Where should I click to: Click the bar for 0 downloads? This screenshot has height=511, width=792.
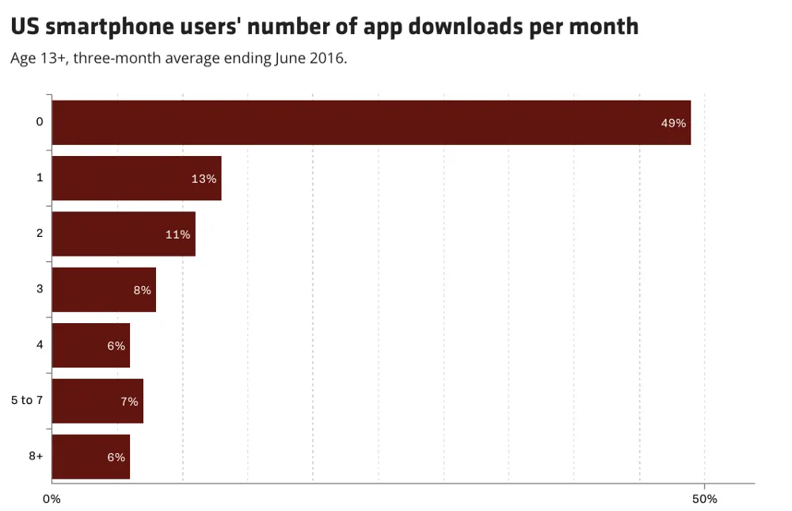pos(371,123)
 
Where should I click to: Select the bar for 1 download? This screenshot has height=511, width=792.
pos(136,178)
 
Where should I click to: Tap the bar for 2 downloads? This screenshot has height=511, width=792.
pos(123,234)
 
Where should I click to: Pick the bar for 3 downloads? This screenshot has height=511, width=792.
pos(103,289)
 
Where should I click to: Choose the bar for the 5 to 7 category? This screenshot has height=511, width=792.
pos(97,401)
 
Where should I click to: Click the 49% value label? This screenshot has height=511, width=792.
pos(673,124)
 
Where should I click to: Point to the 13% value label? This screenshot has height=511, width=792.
pos(204,179)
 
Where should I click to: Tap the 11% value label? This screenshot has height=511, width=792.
pos(177,235)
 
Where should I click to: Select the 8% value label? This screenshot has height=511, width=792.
pos(142,290)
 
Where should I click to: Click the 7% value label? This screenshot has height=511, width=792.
pos(129,402)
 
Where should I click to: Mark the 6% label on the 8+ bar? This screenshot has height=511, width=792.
pos(116,457)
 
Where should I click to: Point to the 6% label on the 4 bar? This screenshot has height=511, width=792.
pos(116,345)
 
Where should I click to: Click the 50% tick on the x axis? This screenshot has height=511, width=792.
pos(704,499)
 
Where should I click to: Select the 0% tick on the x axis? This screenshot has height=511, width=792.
pos(51,499)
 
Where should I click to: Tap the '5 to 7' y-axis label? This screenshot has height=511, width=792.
pos(27,400)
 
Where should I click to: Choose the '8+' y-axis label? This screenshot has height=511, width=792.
pos(36,456)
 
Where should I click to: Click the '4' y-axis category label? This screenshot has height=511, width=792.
pos(40,345)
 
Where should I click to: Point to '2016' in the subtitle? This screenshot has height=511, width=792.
pos(329,59)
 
